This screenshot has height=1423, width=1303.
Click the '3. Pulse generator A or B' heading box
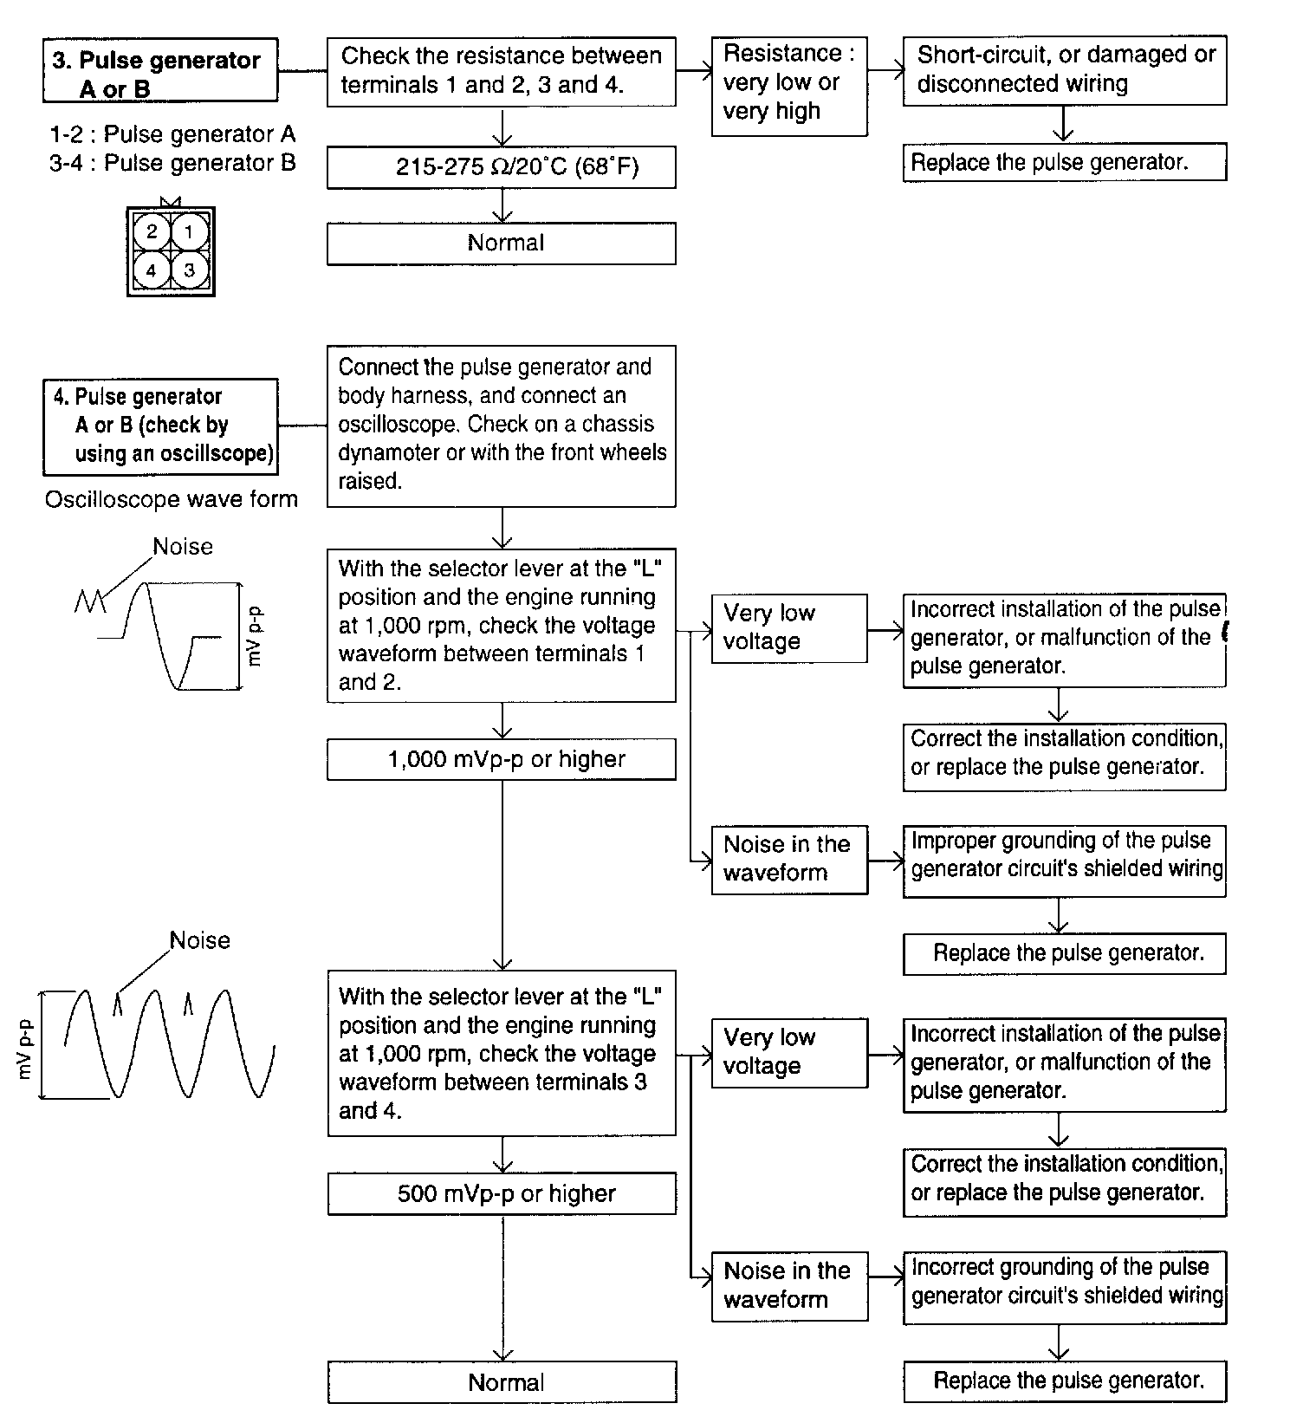click(160, 70)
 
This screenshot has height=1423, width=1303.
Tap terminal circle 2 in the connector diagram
click(152, 231)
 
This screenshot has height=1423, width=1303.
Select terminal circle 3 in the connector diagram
click(190, 270)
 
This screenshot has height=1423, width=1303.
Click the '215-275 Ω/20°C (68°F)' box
click(501, 166)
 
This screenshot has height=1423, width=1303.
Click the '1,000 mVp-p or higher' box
click(501, 760)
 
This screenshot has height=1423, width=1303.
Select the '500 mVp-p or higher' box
click(502, 1193)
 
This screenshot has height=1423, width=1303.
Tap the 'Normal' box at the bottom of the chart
click(502, 1382)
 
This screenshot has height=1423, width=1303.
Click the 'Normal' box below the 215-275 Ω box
click(501, 244)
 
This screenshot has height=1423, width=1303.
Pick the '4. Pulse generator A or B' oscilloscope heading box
click(160, 426)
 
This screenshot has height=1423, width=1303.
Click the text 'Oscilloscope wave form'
click(172, 500)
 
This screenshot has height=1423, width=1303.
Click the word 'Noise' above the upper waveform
click(182, 547)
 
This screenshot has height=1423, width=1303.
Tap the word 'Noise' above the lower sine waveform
click(199, 941)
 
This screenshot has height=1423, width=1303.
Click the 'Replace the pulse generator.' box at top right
click(1064, 163)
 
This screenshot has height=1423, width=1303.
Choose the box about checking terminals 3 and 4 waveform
click(502, 1054)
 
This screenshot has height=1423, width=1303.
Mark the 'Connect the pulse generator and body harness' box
click(501, 425)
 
